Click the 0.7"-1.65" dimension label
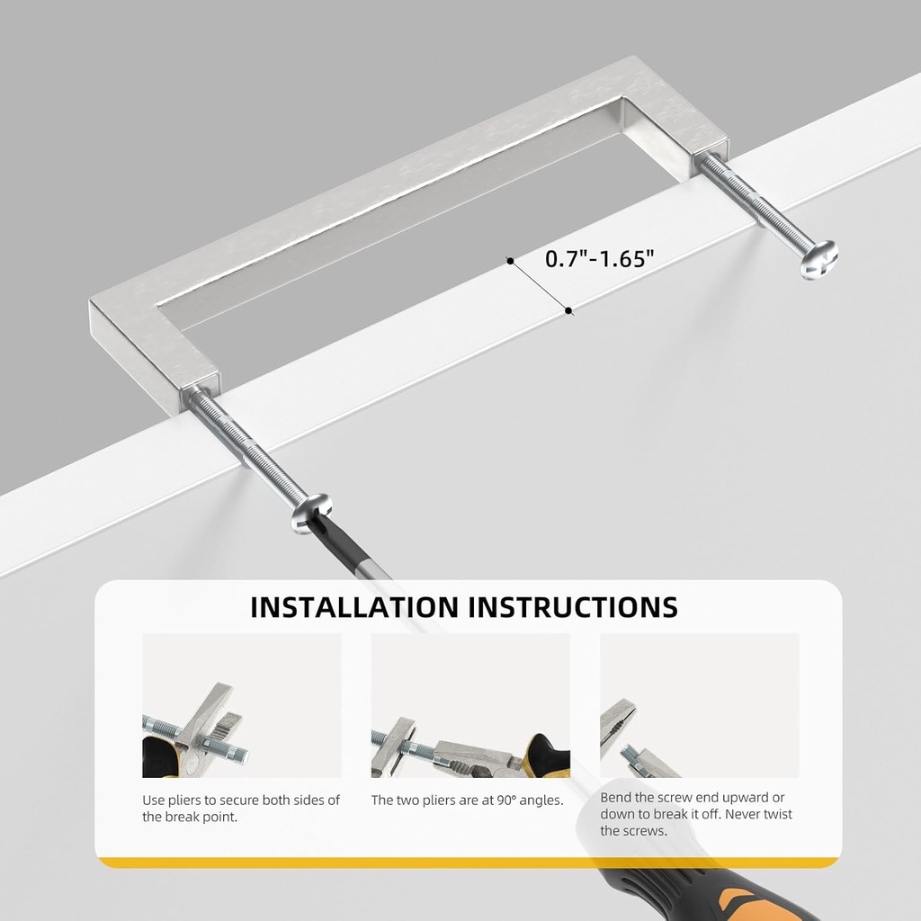click(x=599, y=258)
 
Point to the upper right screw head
click(x=818, y=259)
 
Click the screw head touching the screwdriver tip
click(x=311, y=513)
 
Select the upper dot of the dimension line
click(x=511, y=261)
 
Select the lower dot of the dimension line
click(x=568, y=310)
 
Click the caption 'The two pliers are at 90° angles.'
click(x=467, y=800)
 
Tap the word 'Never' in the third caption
click(x=742, y=814)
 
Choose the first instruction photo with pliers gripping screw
click(x=241, y=705)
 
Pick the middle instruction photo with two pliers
click(x=469, y=705)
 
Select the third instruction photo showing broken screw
click(x=699, y=705)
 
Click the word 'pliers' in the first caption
click(x=183, y=800)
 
